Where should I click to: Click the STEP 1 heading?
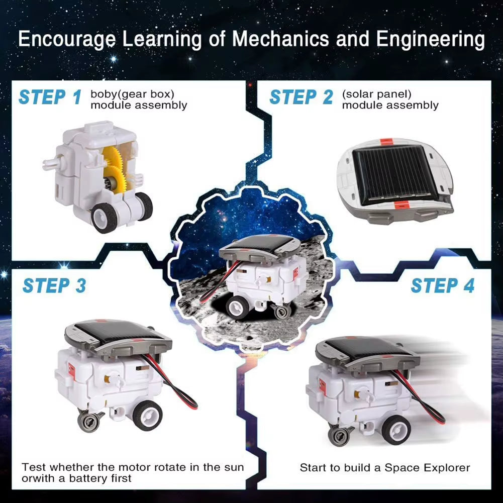click(49, 97)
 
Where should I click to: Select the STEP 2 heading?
click(301, 97)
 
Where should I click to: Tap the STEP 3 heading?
click(54, 285)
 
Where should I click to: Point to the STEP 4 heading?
click(442, 285)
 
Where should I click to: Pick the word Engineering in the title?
click(431, 40)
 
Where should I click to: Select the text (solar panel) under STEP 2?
click(376, 94)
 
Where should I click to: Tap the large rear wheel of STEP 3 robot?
click(148, 415)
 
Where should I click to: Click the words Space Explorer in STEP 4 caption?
click(427, 468)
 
